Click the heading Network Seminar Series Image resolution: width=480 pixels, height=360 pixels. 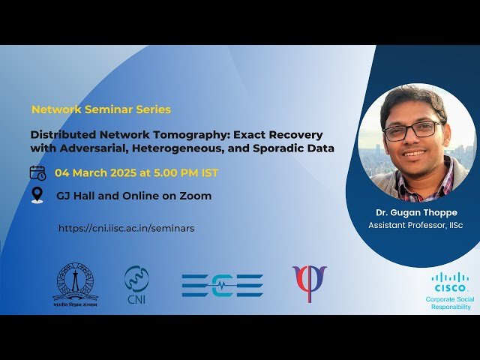click(101, 109)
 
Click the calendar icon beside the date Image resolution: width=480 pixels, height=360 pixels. click(37, 173)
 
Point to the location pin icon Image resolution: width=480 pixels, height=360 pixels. click(37, 195)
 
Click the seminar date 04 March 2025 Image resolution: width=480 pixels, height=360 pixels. click(98, 173)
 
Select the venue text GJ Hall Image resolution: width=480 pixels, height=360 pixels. click(78, 196)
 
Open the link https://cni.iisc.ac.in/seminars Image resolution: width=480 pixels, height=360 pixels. click(126, 228)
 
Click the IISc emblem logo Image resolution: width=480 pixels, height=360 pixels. click(75, 283)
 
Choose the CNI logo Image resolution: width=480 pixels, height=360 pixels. click(136, 283)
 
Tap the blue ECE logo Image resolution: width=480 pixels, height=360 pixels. click(222, 285)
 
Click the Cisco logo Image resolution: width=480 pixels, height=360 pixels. click(450, 283)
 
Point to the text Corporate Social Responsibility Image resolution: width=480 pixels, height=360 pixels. click(450, 303)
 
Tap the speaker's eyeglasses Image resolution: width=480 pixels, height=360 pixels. click(411, 130)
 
